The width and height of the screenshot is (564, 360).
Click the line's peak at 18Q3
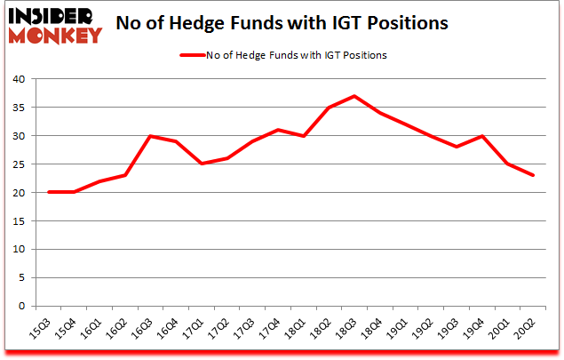pos(353,96)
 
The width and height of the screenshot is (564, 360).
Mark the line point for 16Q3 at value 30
pos(150,136)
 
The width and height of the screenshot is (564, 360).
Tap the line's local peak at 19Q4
pos(481,136)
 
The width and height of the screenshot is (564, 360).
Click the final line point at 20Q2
pos(533,176)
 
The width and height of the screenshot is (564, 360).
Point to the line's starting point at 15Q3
pos(49,193)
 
